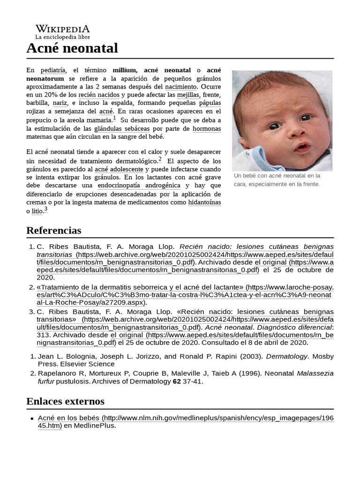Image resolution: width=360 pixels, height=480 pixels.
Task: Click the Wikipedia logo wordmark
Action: point(62,29)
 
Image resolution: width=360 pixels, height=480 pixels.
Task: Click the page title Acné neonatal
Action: point(72,48)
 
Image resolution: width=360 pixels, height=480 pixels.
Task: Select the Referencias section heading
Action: point(53,230)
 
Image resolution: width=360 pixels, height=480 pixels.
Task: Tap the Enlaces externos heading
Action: point(65,401)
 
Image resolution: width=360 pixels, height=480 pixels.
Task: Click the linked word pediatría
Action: point(53,70)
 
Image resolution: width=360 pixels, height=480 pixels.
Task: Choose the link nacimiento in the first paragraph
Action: point(180,87)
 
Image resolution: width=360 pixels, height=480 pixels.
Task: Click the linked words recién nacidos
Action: point(98,95)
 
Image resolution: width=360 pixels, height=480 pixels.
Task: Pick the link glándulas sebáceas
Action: point(122,128)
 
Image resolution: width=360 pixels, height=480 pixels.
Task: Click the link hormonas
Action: point(207,128)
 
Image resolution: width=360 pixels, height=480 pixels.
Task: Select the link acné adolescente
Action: point(119,169)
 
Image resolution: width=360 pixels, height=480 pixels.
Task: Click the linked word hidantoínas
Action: point(204,202)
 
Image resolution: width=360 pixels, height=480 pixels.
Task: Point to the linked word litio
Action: point(37,211)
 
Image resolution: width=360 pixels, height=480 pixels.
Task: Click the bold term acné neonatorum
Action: point(194,70)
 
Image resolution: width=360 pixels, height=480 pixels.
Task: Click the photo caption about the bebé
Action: point(277,180)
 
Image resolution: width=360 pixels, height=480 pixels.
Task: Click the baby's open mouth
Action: point(301,147)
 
